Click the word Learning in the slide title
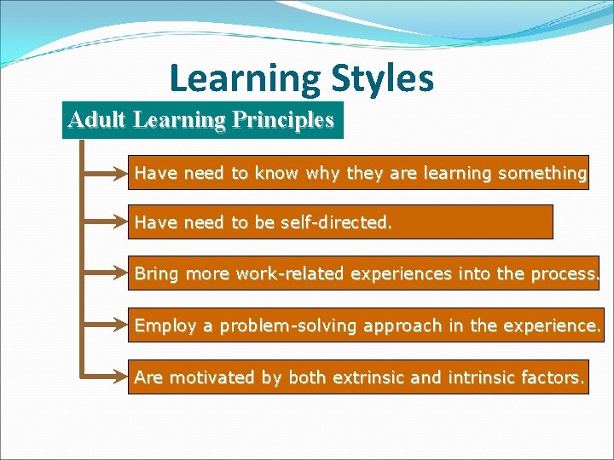coord(244,78)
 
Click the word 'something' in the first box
coord(542,173)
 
